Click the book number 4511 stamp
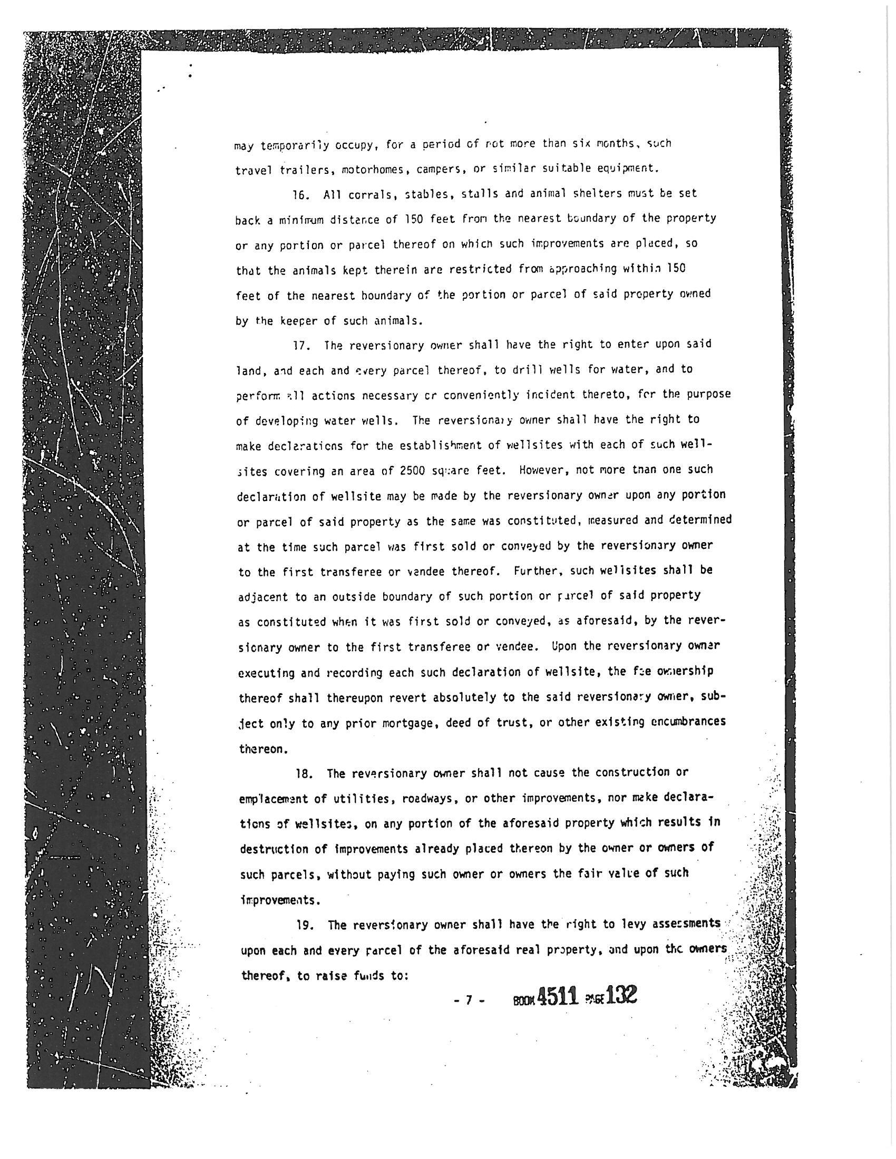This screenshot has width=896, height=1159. [x=557, y=997]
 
